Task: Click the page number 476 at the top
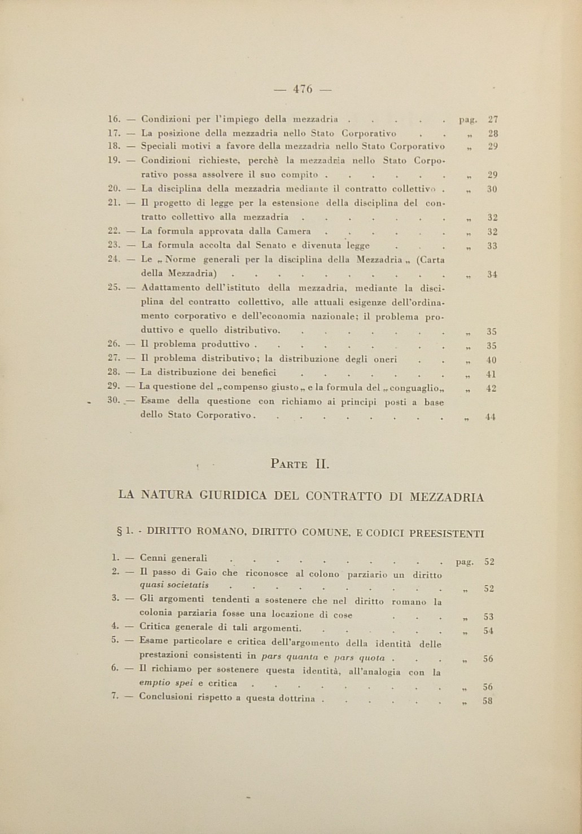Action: click(x=303, y=89)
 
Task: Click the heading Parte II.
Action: click(x=300, y=464)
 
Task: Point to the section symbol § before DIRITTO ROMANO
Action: click(x=119, y=532)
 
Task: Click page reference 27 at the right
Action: click(x=492, y=119)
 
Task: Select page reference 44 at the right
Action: click(x=490, y=418)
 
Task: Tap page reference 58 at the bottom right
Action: click(x=489, y=702)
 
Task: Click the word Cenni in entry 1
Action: click(x=153, y=559)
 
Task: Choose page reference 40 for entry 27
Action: click(x=491, y=361)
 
